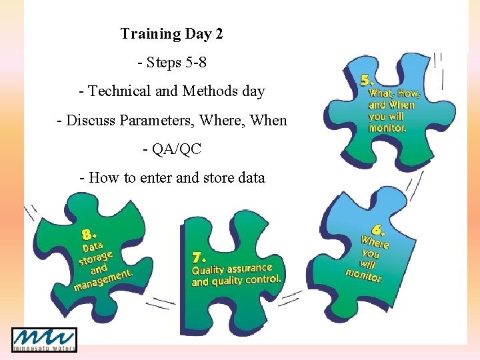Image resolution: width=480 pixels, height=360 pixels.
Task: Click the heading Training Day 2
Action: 171,34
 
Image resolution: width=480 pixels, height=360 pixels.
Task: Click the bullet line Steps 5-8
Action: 172,63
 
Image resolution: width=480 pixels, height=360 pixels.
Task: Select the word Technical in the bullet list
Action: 119,91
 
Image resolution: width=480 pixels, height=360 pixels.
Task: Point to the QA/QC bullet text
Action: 172,149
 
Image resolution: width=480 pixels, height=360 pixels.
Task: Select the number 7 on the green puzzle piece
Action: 198,257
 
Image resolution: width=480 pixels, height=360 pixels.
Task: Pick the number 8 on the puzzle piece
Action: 88,235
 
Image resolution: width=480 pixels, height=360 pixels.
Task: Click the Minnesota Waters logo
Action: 44,340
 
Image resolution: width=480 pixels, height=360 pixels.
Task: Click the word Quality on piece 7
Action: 208,271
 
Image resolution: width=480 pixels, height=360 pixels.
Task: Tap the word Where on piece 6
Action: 375,242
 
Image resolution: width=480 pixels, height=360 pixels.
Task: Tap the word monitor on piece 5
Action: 387,127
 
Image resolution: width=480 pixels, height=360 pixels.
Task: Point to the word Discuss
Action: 91,121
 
